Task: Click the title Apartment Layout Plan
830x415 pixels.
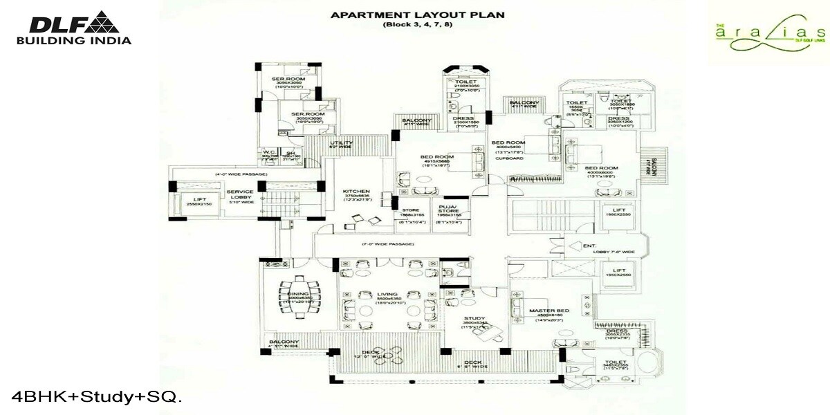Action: pyautogui.click(x=417, y=15)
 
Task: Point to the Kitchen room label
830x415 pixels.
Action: pyautogui.click(x=356, y=192)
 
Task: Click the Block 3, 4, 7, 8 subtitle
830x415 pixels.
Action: pyautogui.click(x=417, y=25)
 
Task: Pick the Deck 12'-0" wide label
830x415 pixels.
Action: pyautogui.click(x=371, y=355)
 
